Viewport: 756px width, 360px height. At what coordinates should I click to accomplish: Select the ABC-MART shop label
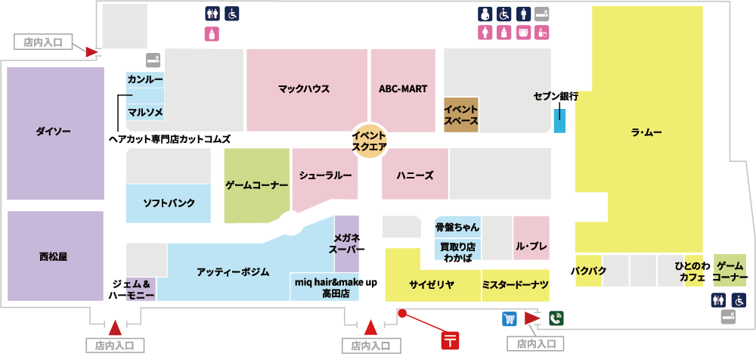coord(403,89)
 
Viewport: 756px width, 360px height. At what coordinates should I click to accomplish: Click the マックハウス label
coord(304,89)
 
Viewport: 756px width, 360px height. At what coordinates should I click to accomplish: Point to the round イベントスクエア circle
coord(370,141)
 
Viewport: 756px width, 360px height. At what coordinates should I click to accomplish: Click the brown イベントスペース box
coord(460,115)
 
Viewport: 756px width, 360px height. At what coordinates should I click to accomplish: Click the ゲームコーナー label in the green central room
coord(257,185)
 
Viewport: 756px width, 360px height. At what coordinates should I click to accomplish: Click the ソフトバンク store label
coord(169,203)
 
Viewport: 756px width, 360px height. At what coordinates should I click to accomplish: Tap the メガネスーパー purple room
coord(347,244)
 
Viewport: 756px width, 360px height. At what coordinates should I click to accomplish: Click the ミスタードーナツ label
coord(515,284)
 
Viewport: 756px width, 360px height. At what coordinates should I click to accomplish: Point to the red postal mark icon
coord(451,339)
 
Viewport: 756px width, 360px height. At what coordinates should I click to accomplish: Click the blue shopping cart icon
coord(509,318)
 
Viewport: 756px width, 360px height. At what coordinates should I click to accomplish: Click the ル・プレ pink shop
coord(531,247)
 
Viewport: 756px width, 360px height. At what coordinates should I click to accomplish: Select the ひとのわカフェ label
coord(692,272)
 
